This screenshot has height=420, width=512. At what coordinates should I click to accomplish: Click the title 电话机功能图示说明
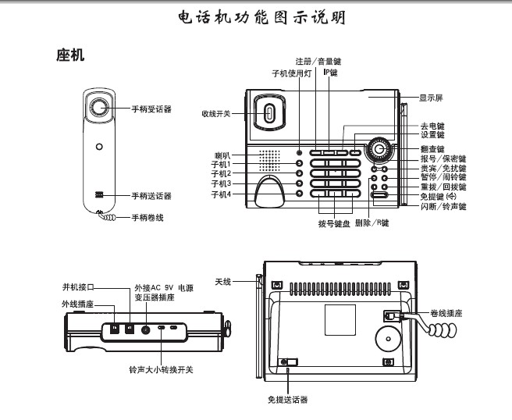point(255,16)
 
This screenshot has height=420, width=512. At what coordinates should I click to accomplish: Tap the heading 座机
point(70,56)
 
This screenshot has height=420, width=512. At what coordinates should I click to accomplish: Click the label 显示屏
point(432,98)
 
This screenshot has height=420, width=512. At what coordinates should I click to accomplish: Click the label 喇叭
point(225,155)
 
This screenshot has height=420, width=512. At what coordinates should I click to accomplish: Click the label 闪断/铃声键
point(443,207)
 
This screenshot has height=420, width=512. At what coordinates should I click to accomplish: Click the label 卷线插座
point(446,311)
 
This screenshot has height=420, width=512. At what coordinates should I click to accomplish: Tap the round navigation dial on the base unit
point(379,149)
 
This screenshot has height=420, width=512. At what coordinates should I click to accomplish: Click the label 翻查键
point(432,148)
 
